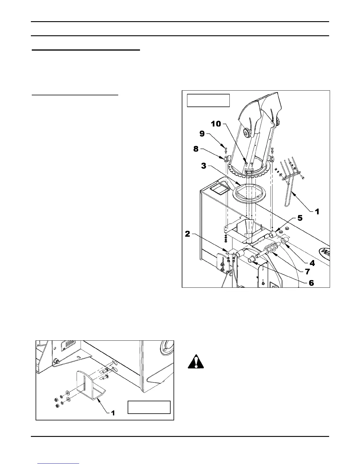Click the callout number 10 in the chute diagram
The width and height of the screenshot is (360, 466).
pos(216,124)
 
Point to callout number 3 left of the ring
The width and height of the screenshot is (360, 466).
pos(204,166)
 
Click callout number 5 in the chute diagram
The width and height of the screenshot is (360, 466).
pos(300,218)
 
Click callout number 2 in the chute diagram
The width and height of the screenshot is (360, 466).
pos(187,234)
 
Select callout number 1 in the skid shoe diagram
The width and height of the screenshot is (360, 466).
pos(112,413)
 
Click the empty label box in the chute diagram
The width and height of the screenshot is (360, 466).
pos(208,100)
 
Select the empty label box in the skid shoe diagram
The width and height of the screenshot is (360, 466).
pos(149,407)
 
